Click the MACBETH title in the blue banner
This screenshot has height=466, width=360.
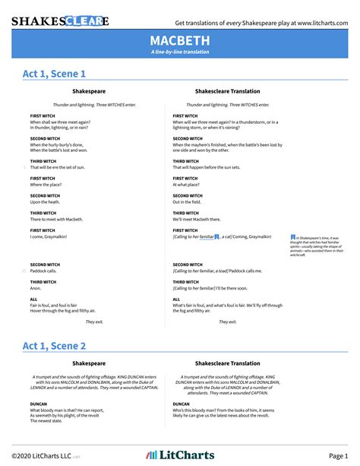click(x=180, y=40)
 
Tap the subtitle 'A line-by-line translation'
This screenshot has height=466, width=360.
click(x=180, y=52)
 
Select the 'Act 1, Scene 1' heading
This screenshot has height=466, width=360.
click(x=54, y=74)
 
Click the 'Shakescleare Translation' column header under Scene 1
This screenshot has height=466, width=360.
click(x=227, y=91)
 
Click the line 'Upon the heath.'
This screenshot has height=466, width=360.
click(x=46, y=201)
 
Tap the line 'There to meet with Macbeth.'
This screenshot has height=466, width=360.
click(x=56, y=219)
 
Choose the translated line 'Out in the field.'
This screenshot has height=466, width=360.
click(x=188, y=201)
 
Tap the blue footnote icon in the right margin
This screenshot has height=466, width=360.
click(x=293, y=238)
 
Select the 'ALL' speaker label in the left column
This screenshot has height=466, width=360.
click(x=33, y=300)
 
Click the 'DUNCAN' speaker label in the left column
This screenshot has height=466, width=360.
click(x=39, y=404)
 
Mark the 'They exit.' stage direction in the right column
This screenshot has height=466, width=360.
click(x=228, y=322)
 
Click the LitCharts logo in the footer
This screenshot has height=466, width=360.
click(x=180, y=454)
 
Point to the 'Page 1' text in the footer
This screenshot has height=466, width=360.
click(x=338, y=455)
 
